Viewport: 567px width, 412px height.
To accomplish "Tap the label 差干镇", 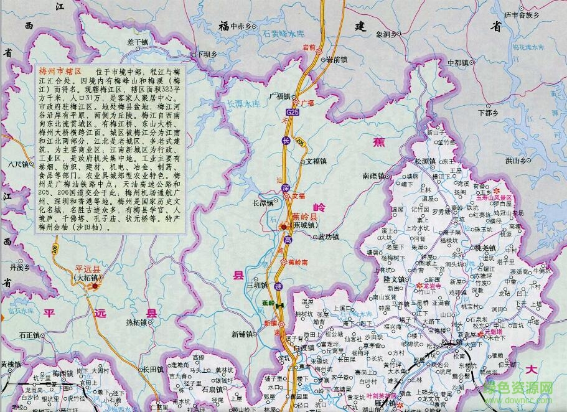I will tap(138, 42).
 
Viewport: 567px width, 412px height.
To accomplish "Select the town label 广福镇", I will tap(279, 96).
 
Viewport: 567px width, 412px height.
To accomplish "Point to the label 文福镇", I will tap(316, 161).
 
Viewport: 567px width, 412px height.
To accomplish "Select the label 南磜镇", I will tap(374, 176).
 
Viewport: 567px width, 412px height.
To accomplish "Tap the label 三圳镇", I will tap(256, 286).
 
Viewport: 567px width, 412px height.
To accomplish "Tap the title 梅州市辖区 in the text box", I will tap(61, 72).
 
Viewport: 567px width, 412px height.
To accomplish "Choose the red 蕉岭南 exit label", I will tap(298, 263).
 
